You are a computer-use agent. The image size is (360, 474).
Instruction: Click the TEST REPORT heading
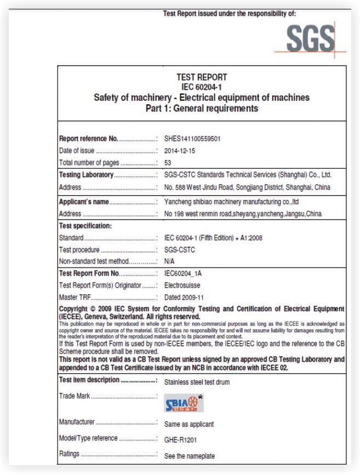coord(199,78)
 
